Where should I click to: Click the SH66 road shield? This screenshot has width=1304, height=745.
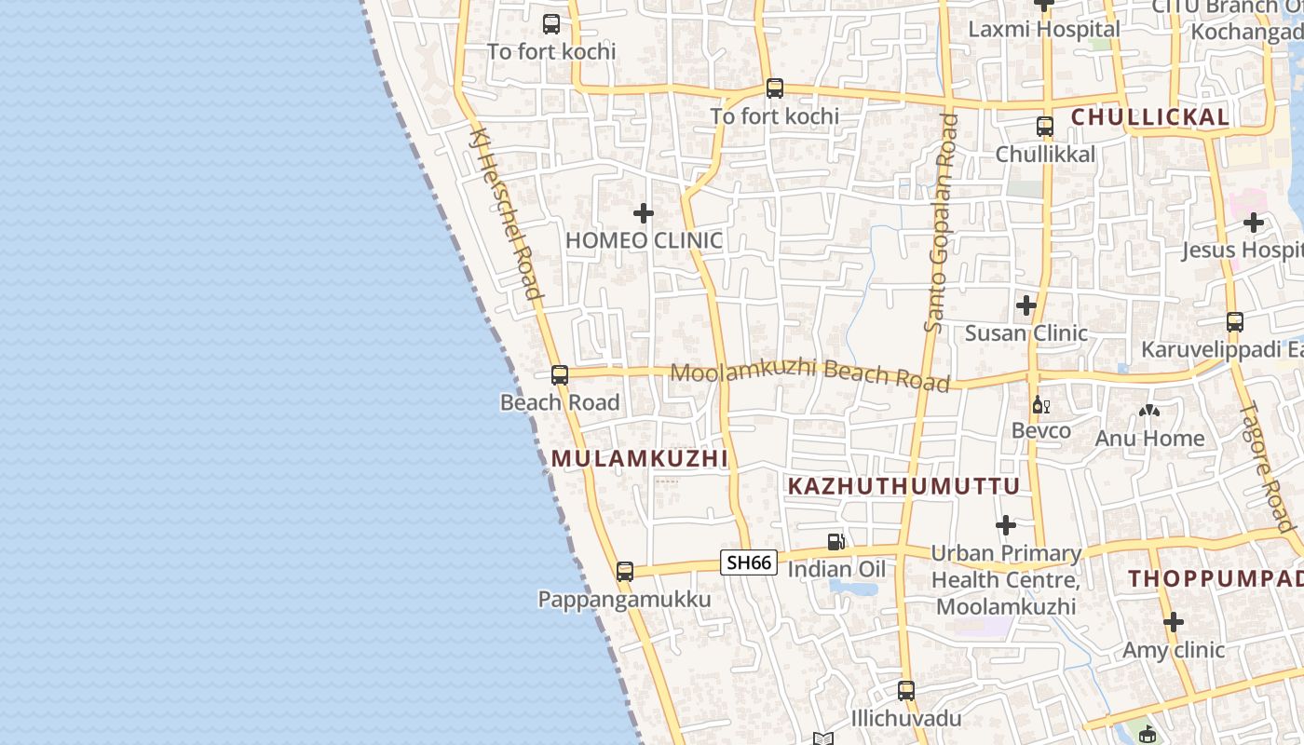coord(749,562)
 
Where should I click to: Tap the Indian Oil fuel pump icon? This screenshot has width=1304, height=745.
coord(836,542)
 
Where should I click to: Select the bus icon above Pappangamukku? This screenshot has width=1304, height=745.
coord(625,571)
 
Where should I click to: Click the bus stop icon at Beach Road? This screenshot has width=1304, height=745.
coord(560,375)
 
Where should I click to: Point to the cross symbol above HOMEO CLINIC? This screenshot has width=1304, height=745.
coord(644,213)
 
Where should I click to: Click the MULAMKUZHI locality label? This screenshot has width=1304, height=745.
coord(639,459)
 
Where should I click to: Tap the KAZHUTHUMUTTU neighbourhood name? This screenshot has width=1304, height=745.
coord(903,486)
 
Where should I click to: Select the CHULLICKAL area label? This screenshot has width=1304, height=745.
coord(1150,117)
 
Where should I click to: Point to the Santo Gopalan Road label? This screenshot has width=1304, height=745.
coord(941,223)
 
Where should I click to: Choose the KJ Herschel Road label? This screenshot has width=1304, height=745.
coord(506,214)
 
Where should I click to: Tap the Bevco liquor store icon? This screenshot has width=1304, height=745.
coord(1040,405)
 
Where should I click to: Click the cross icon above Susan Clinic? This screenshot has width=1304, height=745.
coord(1026,305)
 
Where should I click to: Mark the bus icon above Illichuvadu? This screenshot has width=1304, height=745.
coord(906,691)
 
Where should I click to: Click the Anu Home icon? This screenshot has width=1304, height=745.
coord(1149,411)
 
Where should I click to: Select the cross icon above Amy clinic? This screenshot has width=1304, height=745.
coord(1174,622)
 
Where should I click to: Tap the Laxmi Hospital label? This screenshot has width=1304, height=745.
coord(1044,29)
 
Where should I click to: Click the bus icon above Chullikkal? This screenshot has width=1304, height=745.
coord(1045,127)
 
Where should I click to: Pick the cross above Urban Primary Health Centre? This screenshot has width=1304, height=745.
coord(1006,526)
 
